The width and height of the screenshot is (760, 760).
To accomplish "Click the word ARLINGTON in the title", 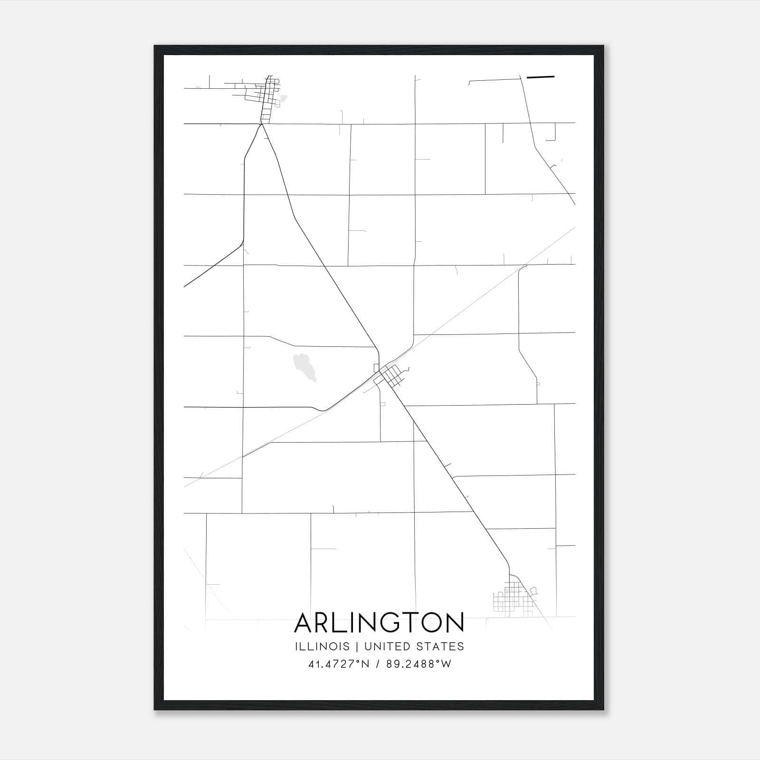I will [379, 623].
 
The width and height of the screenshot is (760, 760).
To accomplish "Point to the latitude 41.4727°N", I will [339, 664].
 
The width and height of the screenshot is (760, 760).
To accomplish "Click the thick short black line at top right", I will [541, 76].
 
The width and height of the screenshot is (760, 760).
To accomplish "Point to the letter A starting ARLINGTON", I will [304, 623].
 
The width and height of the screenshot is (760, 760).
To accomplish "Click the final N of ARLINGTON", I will [455, 623].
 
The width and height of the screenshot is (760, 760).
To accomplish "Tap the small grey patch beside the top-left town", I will [284, 99].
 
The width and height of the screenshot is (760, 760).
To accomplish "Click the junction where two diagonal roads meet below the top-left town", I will [261, 124].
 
